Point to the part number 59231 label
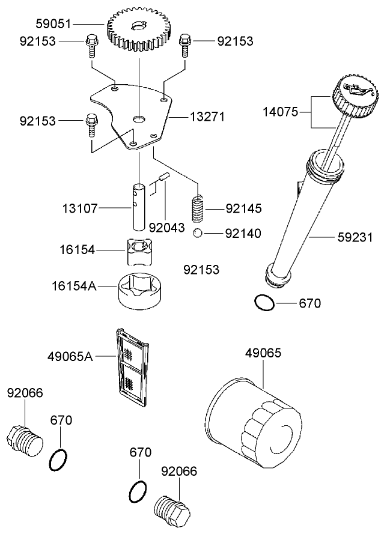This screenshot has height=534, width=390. [x=355, y=237]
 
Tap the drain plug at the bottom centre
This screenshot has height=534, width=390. [x=171, y=509]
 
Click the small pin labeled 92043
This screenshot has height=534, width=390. [x=165, y=178]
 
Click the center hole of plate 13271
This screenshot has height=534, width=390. [x=139, y=119]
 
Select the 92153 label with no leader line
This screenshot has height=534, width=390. [x=201, y=270]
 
